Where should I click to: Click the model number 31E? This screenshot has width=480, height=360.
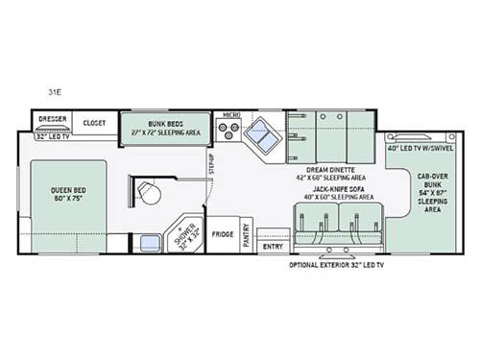56,93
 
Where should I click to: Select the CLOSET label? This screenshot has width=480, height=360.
94,123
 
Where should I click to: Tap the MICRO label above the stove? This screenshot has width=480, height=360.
230,114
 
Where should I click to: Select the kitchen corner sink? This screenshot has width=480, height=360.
261,138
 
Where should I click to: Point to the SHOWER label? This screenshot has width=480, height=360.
184,235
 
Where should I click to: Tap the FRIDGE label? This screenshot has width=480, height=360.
223,233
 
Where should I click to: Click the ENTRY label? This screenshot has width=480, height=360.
274,247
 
